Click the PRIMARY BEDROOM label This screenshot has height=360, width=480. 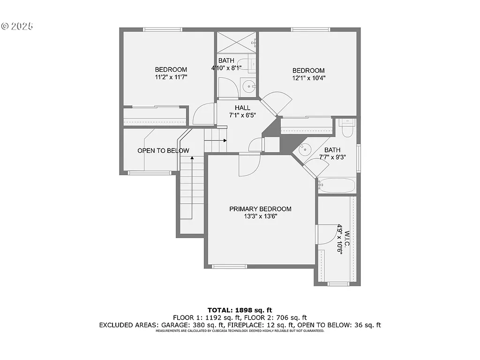coord(260,209)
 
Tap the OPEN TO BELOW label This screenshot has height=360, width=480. coord(163,150)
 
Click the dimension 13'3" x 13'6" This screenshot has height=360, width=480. coord(260,216)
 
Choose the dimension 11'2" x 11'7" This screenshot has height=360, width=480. coord(171,77)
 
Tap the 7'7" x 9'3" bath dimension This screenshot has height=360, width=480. coord(332,157)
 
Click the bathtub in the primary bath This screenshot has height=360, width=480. coord(337,185)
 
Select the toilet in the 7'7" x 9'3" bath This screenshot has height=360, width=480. coord(347,127)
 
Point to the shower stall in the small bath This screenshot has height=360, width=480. coord(236,43)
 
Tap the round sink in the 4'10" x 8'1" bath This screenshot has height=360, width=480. coord(248,85)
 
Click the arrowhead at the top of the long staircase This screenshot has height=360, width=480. coord(192,158)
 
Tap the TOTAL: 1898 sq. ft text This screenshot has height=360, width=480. coord(240,310)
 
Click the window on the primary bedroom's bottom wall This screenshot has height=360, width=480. coord(229,267)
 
